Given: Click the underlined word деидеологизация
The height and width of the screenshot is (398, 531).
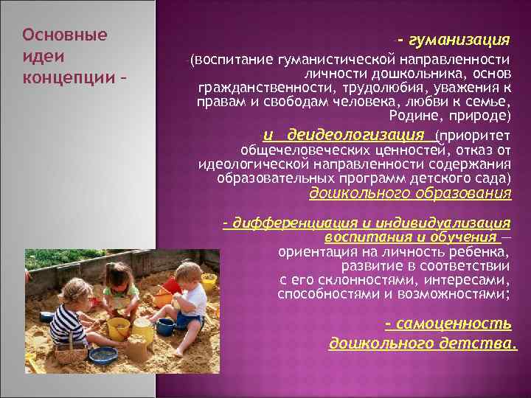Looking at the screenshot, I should [x=355, y=135].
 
